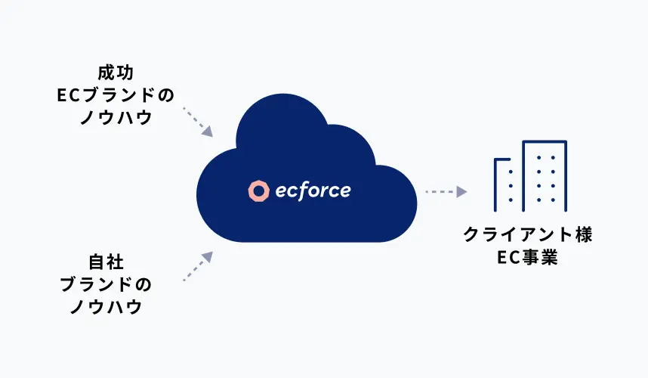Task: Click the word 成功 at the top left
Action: (115, 73)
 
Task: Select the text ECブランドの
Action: (115, 96)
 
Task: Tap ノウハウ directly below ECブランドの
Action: (115, 119)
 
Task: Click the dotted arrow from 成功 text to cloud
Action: (198, 122)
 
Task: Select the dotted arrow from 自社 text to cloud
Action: (198, 267)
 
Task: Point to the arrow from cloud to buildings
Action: (446, 192)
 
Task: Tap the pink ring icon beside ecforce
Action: (258, 192)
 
